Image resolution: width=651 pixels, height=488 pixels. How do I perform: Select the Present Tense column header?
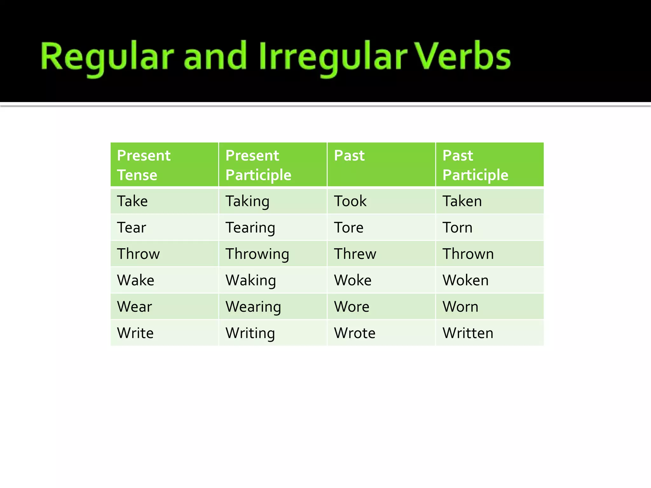click(x=144, y=165)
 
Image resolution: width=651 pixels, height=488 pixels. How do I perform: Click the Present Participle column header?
click(x=258, y=165)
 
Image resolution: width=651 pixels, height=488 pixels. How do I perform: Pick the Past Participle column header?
click(x=475, y=165)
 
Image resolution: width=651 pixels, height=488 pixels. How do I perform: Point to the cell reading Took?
click(x=350, y=201)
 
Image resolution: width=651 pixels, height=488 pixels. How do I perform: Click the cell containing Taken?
click(x=462, y=201)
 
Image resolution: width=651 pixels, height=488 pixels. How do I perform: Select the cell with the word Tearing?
click(x=250, y=228)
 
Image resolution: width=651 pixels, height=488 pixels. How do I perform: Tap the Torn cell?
click(x=457, y=228)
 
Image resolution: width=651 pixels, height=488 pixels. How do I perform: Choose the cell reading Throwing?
click(x=257, y=254)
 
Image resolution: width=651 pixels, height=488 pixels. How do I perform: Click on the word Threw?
click(x=355, y=254)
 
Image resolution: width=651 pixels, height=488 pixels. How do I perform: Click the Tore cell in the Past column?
click(x=348, y=228)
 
